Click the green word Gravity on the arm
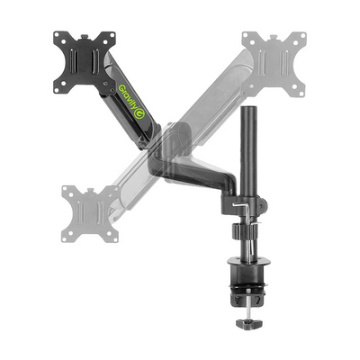(x=128, y=97)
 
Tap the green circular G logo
(x=139, y=114)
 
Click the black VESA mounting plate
(x=85, y=62)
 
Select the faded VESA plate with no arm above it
(x=274, y=64)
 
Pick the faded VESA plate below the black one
(x=90, y=214)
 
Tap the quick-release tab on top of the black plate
(x=85, y=37)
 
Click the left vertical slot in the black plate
(x=75, y=60)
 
